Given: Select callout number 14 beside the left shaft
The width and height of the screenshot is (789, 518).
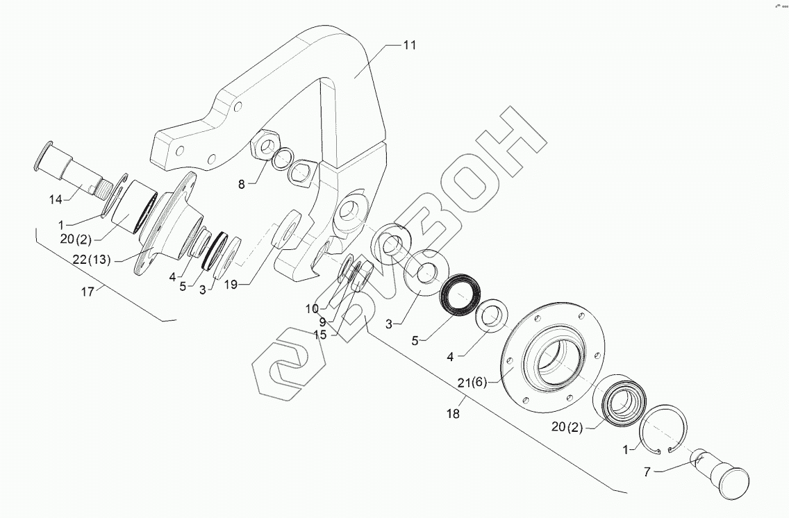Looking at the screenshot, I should [x=56, y=200].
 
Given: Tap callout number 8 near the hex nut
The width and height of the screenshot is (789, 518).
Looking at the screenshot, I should [x=241, y=185].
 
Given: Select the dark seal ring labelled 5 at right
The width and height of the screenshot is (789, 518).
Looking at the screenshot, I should [x=459, y=295].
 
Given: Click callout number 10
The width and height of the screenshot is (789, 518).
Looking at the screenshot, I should [x=312, y=308].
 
